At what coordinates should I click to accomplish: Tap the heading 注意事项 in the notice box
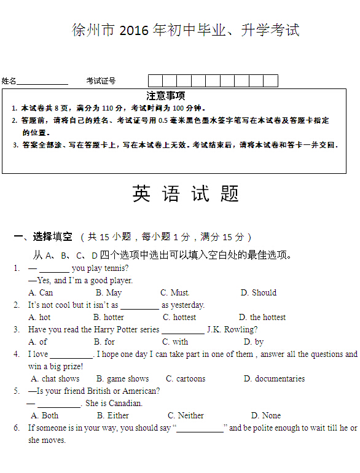coord(166,96)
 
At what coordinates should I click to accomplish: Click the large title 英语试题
coord(185,194)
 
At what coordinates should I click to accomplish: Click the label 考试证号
coord(101,81)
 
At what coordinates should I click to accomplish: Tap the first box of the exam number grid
coord(155,81)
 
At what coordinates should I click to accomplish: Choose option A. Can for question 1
coord(41,293)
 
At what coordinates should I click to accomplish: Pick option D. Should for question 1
coord(258,293)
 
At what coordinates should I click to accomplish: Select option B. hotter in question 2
coord(109,318)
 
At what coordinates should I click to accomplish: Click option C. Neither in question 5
coord(186,416)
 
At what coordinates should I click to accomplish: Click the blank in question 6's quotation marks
coord(200,429)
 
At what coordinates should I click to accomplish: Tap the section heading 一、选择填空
coord(43,237)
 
